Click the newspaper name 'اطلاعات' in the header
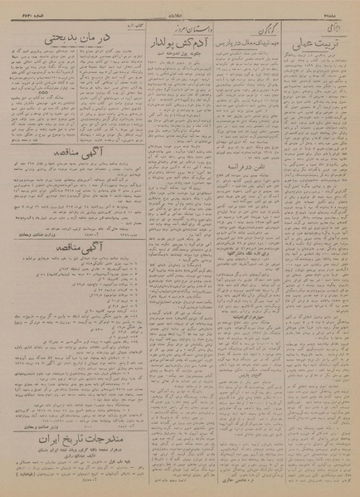coord(179,12)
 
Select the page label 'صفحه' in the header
coord(340,12)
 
